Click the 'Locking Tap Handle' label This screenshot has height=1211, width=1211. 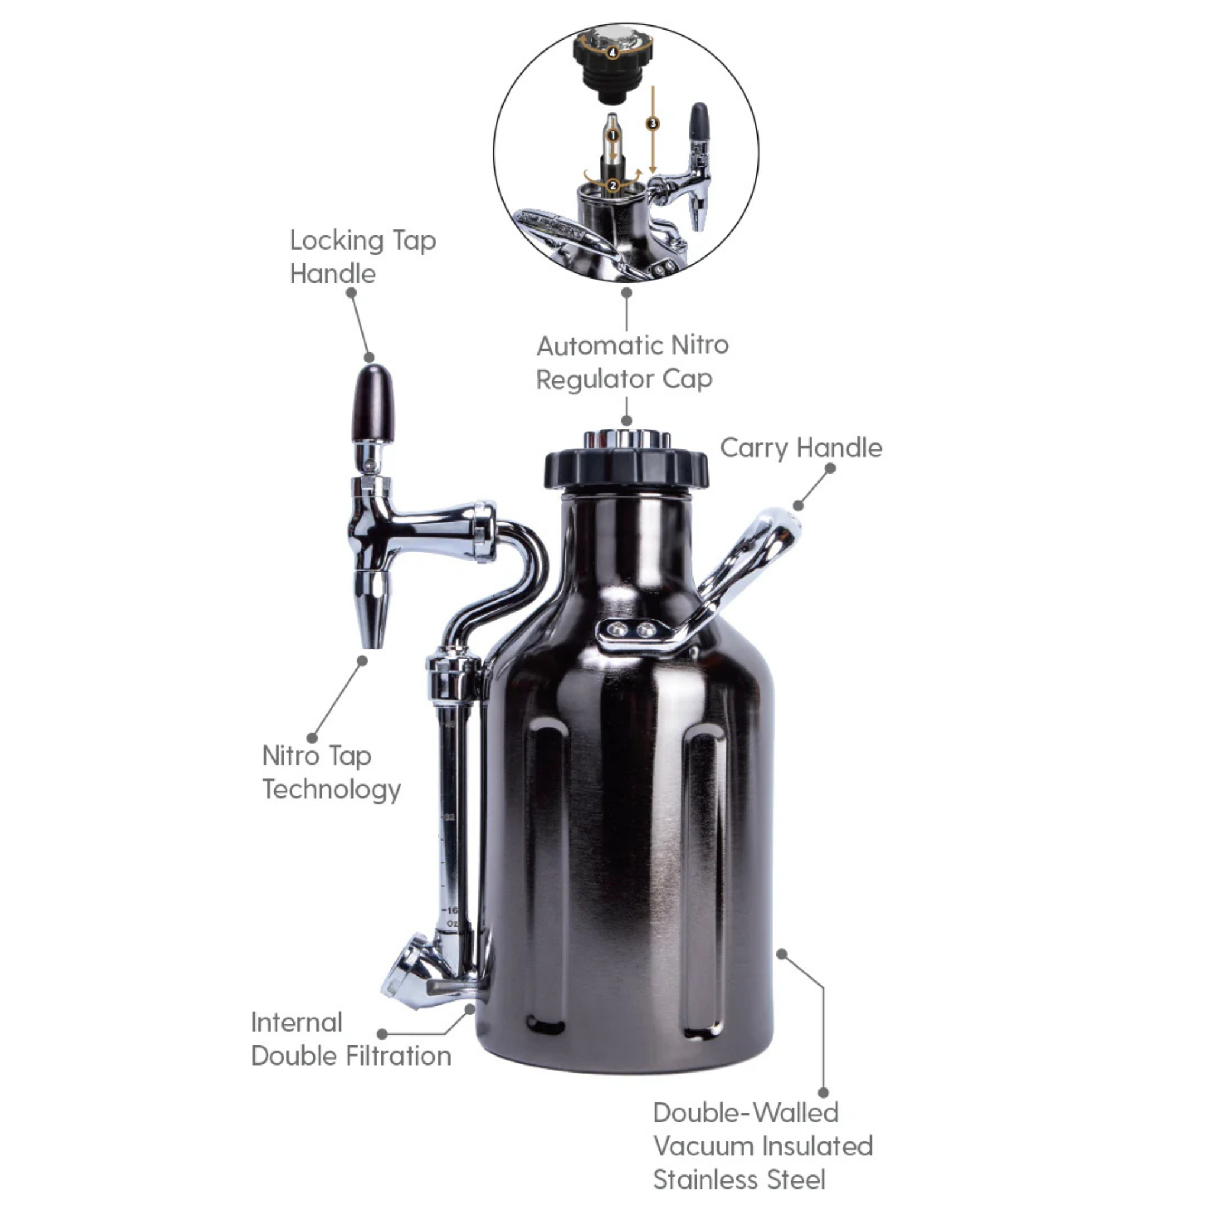(362, 257)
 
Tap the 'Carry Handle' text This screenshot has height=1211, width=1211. (801, 448)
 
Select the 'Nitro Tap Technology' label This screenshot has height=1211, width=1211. (331, 772)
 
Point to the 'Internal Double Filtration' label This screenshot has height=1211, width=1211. (351, 1040)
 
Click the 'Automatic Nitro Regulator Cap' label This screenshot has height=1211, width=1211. (632, 362)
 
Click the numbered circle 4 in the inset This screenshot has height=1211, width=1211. (613, 53)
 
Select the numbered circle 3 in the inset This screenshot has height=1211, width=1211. (653, 124)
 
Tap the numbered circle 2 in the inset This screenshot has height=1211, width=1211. (613, 186)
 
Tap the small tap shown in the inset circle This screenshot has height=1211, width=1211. (696, 169)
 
